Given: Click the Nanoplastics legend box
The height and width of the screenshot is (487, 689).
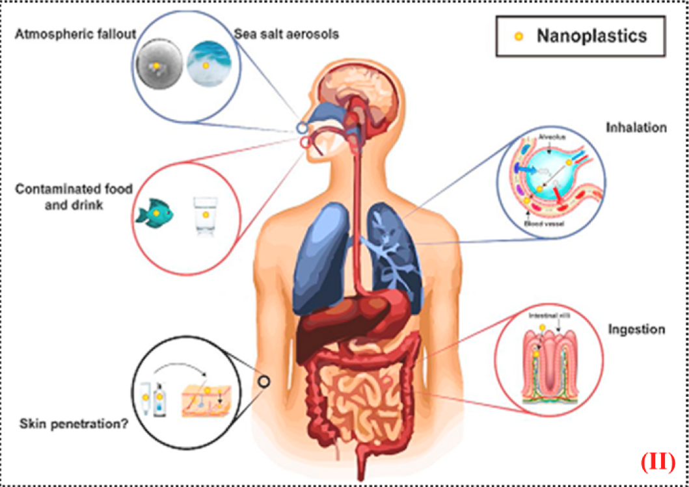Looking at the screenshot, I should pos(581,36).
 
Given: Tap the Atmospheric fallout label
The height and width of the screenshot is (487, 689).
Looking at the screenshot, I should pos(75,34).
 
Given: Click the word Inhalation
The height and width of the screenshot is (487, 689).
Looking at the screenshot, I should pos(636,127).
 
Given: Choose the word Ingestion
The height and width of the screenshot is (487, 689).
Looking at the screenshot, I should pos(636,329).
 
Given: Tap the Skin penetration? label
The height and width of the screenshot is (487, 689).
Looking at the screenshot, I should pos(72,426).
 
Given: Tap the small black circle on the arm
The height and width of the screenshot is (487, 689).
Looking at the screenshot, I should pos(264,382).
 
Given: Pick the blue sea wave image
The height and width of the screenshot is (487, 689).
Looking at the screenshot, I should pos(208,66).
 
